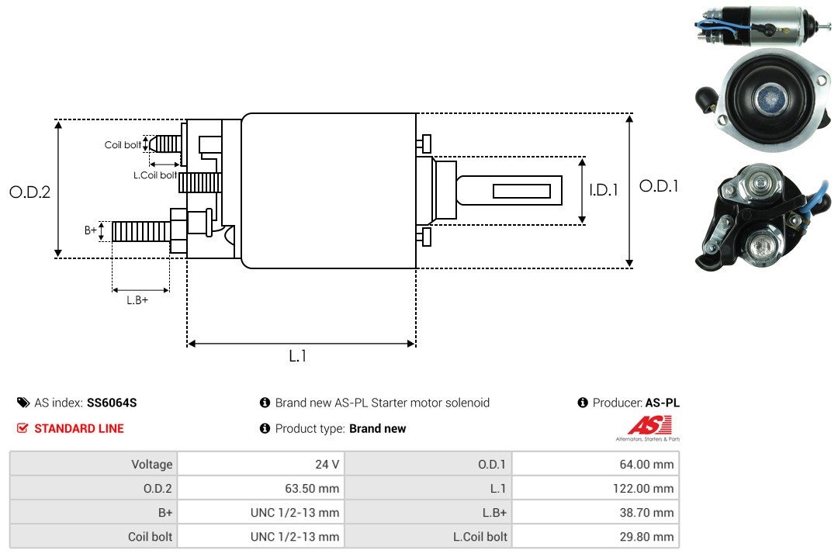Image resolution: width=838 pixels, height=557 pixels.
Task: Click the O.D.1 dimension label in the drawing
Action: pos(659,186)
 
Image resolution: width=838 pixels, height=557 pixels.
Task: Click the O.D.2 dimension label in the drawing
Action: pos(29,192)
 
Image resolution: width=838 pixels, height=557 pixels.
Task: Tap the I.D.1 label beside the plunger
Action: pos(604,189)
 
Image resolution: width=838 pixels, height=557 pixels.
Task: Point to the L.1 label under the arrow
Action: pos(299,356)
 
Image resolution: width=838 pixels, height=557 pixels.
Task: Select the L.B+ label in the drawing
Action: pos(137,300)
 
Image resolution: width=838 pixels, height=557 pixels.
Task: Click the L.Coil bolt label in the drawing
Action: pos(155,175)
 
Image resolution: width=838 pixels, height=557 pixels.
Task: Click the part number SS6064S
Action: pos(112,403)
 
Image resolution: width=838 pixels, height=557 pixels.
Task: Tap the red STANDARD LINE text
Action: pos(78,428)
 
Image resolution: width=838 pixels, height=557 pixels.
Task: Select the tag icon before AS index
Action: pos(23,403)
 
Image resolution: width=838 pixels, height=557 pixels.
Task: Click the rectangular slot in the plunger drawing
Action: pos(521,191)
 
